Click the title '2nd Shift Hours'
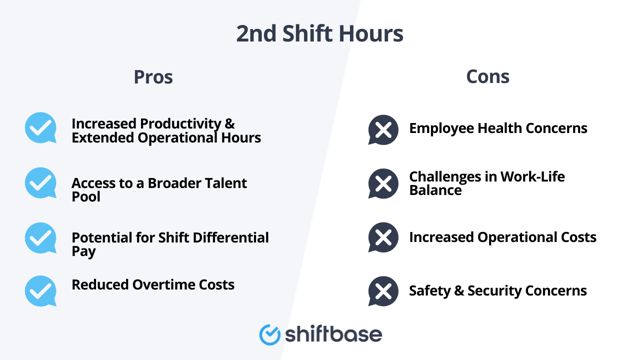point(320,33)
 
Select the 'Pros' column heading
point(153,77)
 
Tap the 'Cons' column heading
point(487,76)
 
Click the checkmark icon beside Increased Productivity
point(41,128)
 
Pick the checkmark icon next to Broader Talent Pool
point(41,183)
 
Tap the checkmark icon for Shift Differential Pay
point(41,238)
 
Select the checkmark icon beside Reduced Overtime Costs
point(41,290)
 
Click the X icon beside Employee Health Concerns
point(383,129)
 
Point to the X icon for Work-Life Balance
point(383,183)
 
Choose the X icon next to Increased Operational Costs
point(383,238)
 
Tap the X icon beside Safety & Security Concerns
point(383,291)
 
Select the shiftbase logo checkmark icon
point(270,334)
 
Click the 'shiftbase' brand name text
point(333,333)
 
